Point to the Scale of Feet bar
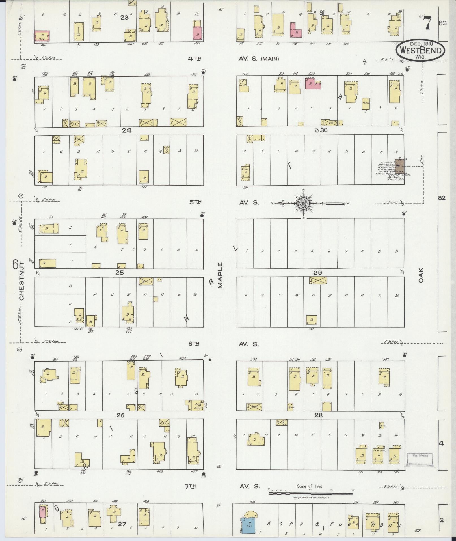tap(310, 493)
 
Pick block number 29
tap(317, 273)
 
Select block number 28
tap(319, 415)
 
